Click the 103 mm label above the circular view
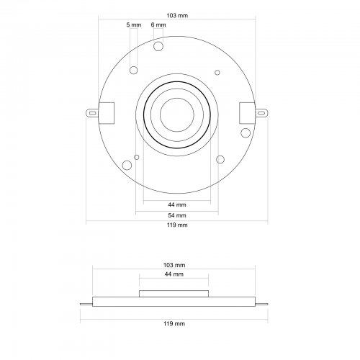[x=177, y=16]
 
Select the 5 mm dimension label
[x=134, y=24]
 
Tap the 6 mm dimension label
[x=158, y=24]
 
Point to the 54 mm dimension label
[x=177, y=215]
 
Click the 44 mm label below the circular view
[x=177, y=204]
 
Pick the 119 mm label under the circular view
[x=177, y=225]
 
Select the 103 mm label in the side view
[x=174, y=265]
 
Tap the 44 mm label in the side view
[x=174, y=274]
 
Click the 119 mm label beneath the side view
[x=174, y=323]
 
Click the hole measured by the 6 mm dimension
[x=158, y=46]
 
